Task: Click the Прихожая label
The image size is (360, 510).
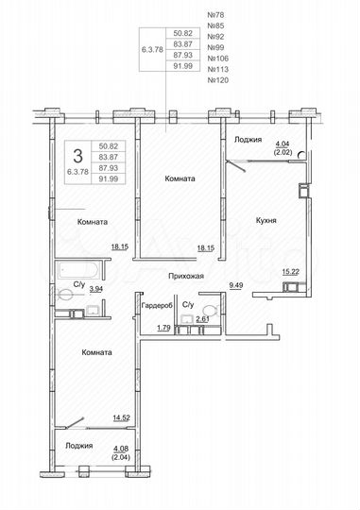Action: tap(186, 276)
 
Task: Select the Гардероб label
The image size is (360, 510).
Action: tap(156, 306)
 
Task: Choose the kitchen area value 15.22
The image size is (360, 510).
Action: tap(291, 272)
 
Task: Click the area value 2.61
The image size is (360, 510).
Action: tap(201, 320)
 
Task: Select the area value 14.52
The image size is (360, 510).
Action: tap(120, 416)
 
